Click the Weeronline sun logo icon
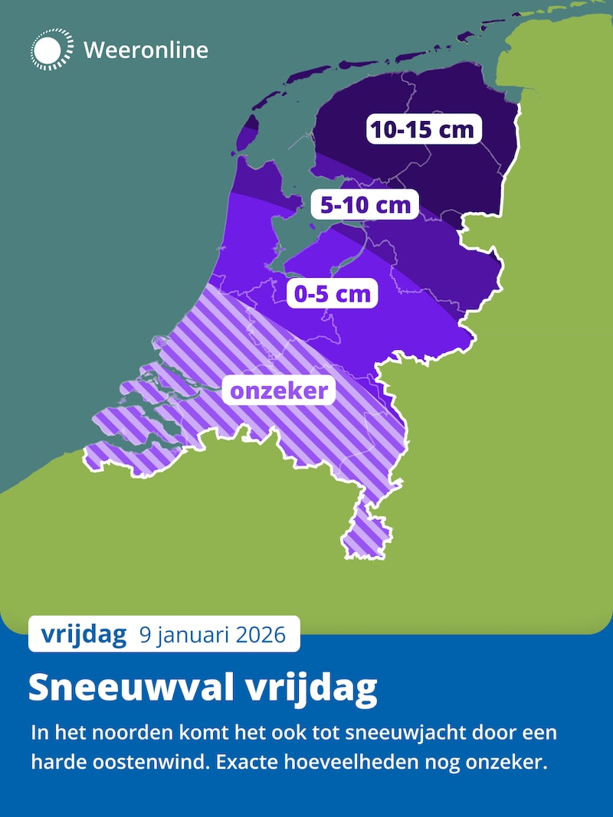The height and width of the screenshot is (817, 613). (51, 50)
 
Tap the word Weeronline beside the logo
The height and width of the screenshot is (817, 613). (146, 51)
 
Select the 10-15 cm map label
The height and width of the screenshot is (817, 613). (423, 129)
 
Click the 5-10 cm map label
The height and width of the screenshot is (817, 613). (366, 204)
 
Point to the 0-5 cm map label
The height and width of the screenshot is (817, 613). (333, 293)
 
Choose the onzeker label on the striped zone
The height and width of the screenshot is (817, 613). (280, 391)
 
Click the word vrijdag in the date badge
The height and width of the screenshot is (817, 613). (84, 634)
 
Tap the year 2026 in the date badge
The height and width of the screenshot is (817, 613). (257, 635)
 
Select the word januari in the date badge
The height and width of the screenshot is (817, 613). (189, 635)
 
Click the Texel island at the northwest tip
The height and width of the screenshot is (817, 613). (245, 138)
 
